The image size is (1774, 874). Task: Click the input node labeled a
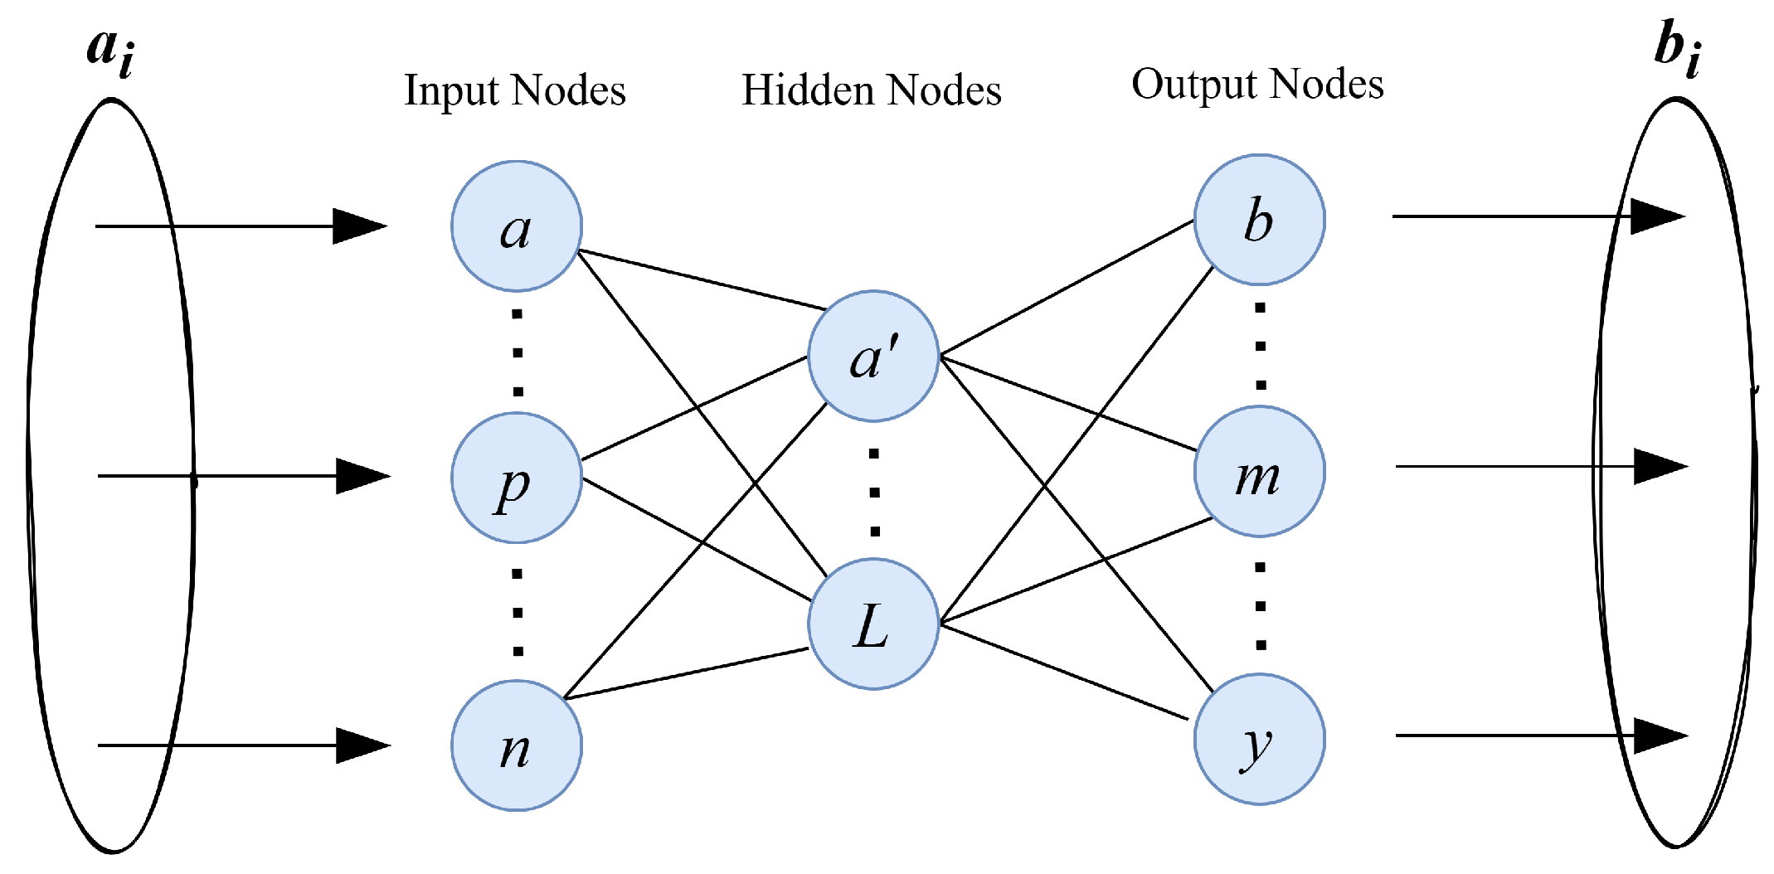point(516,226)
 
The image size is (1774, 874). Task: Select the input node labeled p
point(516,478)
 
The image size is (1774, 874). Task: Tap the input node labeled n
point(516,745)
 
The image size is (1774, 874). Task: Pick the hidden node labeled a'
point(872,357)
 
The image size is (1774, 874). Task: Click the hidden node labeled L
point(872,624)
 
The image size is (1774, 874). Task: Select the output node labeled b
point(1259,220)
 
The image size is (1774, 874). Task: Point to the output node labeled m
point(1259,472)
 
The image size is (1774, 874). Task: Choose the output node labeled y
point(1259,740)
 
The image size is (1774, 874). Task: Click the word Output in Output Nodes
point(1193,85)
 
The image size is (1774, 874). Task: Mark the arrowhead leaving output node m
point(1660,466)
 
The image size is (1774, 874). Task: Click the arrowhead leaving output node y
point(1660,736)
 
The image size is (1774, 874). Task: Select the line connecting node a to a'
point(702,279)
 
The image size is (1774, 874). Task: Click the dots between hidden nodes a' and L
point(874,493)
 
